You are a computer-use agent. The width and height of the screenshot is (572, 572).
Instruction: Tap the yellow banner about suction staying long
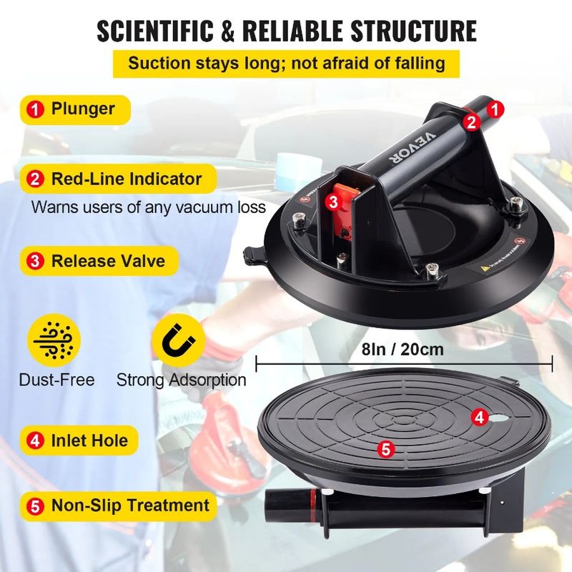[x=286, y=63]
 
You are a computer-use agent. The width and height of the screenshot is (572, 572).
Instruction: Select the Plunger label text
[x=82, y=109]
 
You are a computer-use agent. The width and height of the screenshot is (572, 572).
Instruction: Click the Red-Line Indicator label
[x=126, y=179]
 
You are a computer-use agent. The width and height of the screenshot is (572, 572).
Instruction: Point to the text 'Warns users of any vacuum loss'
[x=149, y=207]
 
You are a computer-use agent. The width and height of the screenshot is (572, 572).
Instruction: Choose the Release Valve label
[x=107, y=260]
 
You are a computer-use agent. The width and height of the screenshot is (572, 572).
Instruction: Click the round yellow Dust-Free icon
[x=49, y=340]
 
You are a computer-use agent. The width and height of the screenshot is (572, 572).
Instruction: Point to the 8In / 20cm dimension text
[x=403, y=350]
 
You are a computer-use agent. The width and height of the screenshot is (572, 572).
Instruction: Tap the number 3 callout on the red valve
[x=333, y=202]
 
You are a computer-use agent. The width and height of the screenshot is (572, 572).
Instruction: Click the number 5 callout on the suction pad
[x=385, y=449]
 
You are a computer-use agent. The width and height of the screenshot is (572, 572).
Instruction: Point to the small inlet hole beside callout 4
[x=498, y=417]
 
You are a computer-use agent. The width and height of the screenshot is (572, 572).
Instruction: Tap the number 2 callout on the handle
[x=470, y=122]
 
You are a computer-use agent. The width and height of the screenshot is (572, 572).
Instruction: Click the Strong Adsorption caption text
[x=181, y=380]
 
